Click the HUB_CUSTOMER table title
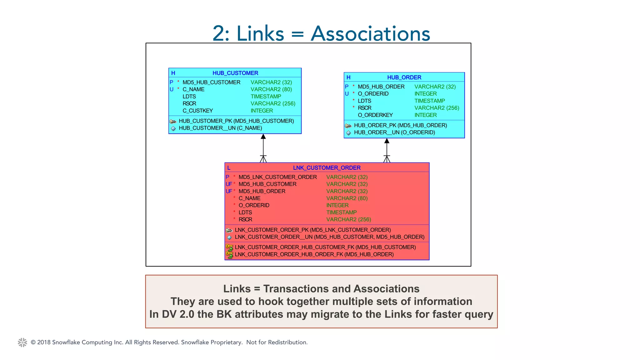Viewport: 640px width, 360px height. [235, 73]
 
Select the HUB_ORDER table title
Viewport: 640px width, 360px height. [404, 77]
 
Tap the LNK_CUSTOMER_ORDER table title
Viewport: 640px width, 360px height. [327, 168]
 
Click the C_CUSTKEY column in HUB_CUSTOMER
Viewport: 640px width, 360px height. [197, 111]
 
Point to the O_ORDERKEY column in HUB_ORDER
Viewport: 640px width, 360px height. [375, 115]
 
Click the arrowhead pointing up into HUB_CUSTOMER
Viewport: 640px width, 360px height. [263, 137]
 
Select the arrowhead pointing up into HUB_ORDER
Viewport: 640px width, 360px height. [387, 141]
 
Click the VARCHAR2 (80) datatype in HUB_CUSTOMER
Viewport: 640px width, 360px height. [271, 89]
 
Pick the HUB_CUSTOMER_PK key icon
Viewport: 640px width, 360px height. [173, 121]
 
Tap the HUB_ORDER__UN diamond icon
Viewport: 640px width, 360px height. [348, 133]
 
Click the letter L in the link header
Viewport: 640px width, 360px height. [229, 168]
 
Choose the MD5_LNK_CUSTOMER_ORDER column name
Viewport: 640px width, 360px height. [277, 177]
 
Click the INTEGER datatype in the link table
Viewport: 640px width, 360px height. [337, 205]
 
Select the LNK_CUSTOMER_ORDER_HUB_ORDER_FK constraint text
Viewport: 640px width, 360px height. [314, 254]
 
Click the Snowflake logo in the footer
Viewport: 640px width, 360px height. [22, 342]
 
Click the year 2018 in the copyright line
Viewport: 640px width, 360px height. [44, 342]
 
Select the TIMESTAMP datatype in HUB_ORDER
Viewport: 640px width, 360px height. [429, 101]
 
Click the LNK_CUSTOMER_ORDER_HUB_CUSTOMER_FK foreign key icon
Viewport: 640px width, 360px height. [229, 247]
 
